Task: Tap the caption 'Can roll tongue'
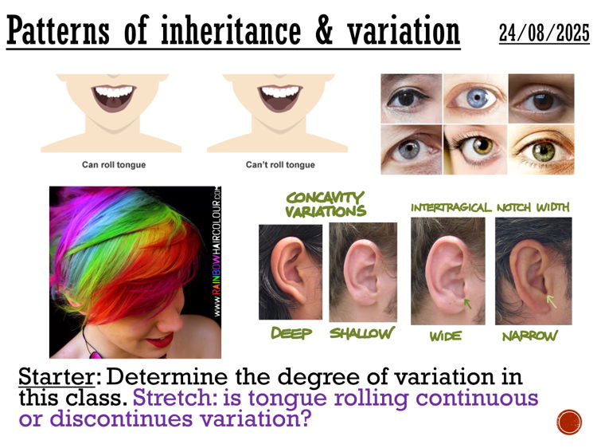pyautogui.click(x=114, y=165)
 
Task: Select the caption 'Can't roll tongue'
pyautogui.click(x=279, y=165)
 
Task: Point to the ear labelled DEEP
pyautogui.click(x=291, y=270)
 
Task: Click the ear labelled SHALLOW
pyautogui.click(x=363, y=270)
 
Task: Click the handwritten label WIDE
pyautogui.click(x=446, y=336)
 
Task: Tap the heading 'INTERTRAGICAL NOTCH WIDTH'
pyautogui.click(x=490, y=207)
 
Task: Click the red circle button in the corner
pyautogui.click(x=570, y=421)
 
